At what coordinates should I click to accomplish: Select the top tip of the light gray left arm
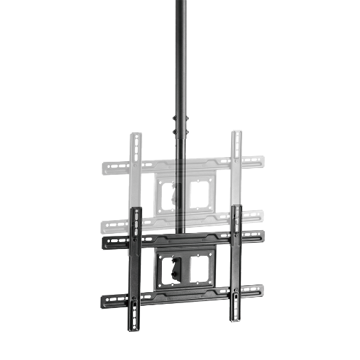pyautogui.click(x=136, y=134)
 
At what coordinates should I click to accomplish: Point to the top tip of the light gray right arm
pyautogui.click(x=237, y=132)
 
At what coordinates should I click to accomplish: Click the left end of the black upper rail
pyautogui.click(x=104, y=242)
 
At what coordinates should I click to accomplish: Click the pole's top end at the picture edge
pyautogui.click(x=181, y=3)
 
